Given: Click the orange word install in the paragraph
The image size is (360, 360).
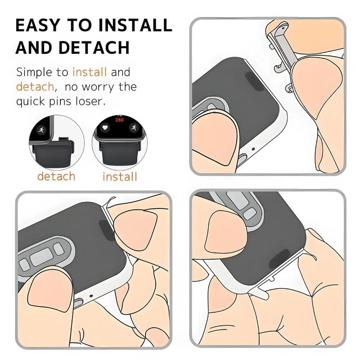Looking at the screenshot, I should click(90, 72).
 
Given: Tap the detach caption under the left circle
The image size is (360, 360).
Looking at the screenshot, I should click(56, 176).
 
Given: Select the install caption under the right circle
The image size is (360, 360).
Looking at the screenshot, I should click(120, 176).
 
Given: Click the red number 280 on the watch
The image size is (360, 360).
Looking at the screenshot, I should click(119, 120).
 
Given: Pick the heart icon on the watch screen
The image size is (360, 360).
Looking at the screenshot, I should click(105, 128).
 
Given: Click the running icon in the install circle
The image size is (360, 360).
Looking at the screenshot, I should click(133, 128).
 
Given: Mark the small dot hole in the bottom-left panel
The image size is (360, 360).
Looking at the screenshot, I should click(91, 295).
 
